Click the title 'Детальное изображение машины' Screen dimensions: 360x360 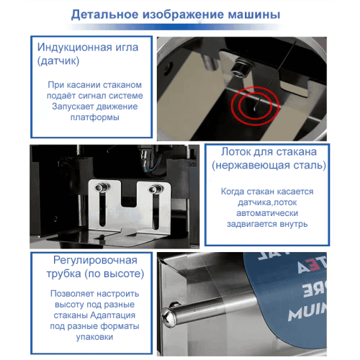176,14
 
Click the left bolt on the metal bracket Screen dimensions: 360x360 102,189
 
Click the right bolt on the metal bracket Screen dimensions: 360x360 153,190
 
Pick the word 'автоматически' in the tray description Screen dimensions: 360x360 266,214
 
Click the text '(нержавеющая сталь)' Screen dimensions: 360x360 264,166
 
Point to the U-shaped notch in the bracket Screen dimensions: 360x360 127,209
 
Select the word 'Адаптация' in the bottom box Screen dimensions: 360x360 118,315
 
